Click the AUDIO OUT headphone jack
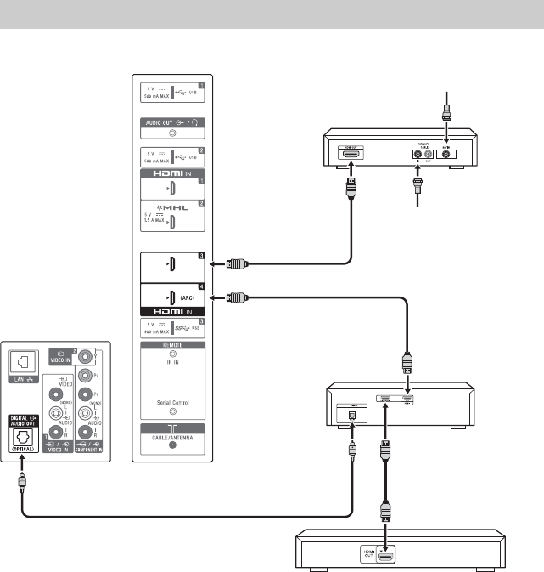click(174, 133)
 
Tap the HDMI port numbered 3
click(172, 263)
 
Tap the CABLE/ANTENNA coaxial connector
click(174, 444)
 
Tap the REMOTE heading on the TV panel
click(174, 347)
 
